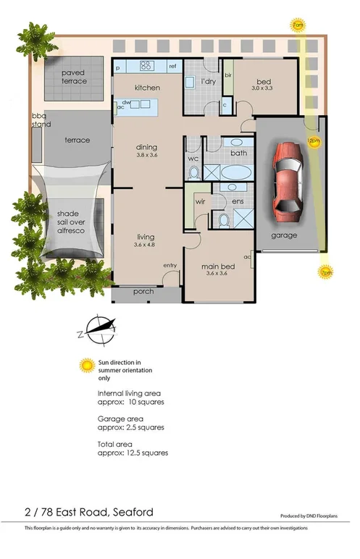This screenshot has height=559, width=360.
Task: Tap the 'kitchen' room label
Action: click(147, 88)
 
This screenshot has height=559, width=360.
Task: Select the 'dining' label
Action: click(146, 146)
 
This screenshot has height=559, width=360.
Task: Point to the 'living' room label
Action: click(146, 237)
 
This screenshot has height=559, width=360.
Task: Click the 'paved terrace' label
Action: click(74, 77)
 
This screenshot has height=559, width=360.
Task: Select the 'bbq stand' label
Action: click(38, 120)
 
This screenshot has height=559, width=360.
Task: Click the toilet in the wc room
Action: click(193, 172)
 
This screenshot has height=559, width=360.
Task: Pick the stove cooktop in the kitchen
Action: click(145, 65)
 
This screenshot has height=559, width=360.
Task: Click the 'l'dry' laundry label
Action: click(209, 82)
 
